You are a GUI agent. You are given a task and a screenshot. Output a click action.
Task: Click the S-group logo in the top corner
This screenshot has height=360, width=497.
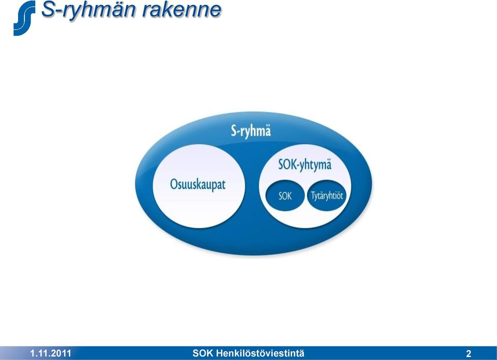[24, 18]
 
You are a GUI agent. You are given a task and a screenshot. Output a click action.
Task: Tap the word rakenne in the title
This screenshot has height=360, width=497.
[182, 9]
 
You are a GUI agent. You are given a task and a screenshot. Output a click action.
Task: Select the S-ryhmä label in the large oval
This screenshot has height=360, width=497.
[251, 131]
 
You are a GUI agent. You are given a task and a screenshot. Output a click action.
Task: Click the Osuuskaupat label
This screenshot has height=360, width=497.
[198, 184]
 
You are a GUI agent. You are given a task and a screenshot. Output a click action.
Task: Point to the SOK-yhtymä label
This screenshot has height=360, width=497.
[305, 165]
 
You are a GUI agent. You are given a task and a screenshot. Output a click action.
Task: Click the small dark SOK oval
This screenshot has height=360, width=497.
[285, 195]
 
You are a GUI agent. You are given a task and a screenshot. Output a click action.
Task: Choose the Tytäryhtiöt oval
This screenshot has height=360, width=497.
[327, 195]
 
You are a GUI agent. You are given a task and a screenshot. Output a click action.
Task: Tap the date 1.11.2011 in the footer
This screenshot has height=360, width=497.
[50, 353]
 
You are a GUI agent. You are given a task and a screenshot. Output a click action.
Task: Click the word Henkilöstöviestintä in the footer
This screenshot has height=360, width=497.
[260, 353]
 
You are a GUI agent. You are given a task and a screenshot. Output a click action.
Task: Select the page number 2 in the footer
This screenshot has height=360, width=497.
[469, 354]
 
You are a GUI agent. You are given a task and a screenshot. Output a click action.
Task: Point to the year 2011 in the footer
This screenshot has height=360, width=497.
[62, 353]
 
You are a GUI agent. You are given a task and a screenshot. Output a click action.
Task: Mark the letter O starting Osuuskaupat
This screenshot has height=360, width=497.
[174, 184]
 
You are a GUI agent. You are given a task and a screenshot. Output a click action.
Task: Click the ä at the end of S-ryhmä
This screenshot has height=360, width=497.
[268, 131]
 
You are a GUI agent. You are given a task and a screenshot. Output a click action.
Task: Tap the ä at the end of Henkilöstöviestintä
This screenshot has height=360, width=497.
[301, 353]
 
